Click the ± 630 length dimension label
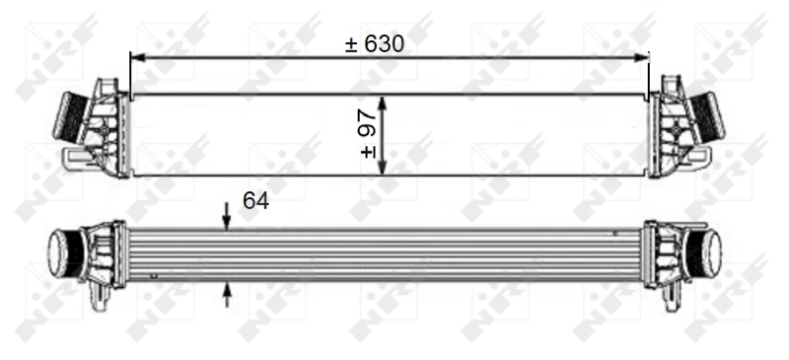tap(375, 44)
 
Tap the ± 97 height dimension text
tap(369, 134)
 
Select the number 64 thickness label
tap(256, 201)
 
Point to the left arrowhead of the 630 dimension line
tap(137, 58)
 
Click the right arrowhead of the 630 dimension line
tap(642, 58)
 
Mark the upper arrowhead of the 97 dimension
tap(382, 104)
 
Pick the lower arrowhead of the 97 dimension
tap(382, 167)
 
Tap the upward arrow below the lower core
tap(227, 295)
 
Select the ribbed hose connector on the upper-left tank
tap(69, 114)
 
